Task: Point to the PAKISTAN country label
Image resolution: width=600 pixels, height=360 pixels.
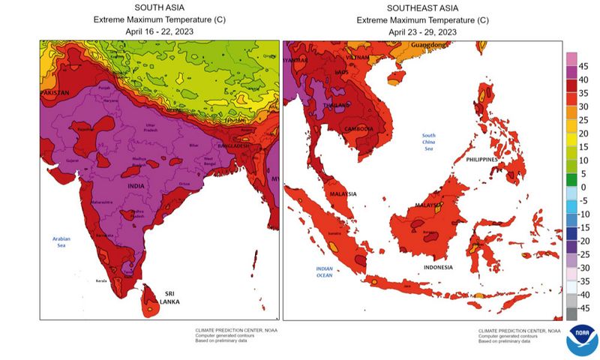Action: pyautogui.click(x=54, y=92)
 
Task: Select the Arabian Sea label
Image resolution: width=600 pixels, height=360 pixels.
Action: pyautogui.click(x=61, y=241)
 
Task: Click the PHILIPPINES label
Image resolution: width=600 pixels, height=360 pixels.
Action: pyautogui.click(x=482, y=160)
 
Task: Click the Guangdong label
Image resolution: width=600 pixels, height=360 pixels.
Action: pyautogui.click(x=427, y=45)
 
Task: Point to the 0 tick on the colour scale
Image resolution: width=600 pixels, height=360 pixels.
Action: pyautogui.click(x=583, y=187)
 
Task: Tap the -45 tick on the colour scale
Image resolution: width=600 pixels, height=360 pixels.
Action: pyautogui.click(x=583, y=307)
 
